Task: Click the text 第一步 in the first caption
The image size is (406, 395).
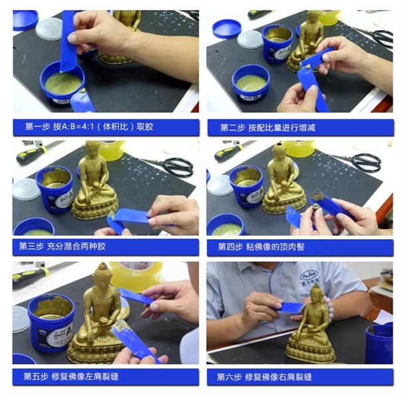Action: pyautogui.click(x=37, y=126)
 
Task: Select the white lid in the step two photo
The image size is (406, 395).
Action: pyautogui.click(x=250, y=39)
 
